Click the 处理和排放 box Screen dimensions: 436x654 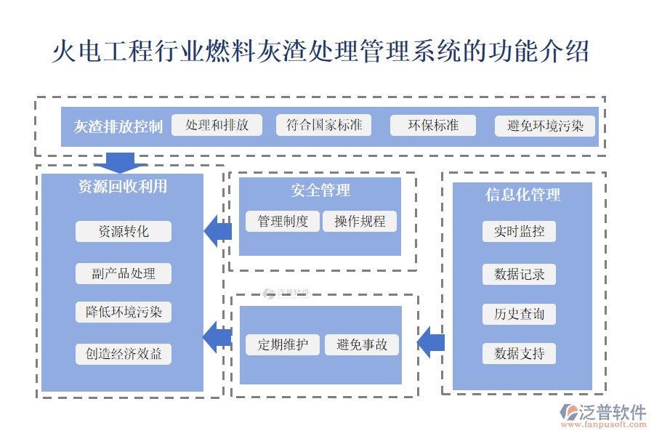tap(217, 125)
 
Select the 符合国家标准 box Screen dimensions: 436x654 tap(324, 125)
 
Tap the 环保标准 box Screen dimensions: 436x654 tap(433, 125)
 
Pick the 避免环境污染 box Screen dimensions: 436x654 tap(545, 126)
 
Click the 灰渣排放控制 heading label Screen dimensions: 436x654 tap(118, 126)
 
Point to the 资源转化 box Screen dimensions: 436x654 tap(124, 231)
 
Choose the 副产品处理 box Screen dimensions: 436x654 tap(124, 273)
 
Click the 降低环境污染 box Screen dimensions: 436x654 tap(124, 312)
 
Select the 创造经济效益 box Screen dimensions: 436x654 tap(124, 354)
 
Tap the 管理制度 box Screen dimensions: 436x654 tap(283, 222)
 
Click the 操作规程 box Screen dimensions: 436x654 tap(360, 222)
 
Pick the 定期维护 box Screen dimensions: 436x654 tap(283, 344)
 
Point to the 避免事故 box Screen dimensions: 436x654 tap(362, 344)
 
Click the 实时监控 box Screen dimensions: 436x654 tap(519, 231)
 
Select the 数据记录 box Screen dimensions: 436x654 tap(519, 274)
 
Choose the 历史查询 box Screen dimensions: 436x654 tap(519, 314)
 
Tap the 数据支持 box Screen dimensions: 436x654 tap(519, 354)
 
